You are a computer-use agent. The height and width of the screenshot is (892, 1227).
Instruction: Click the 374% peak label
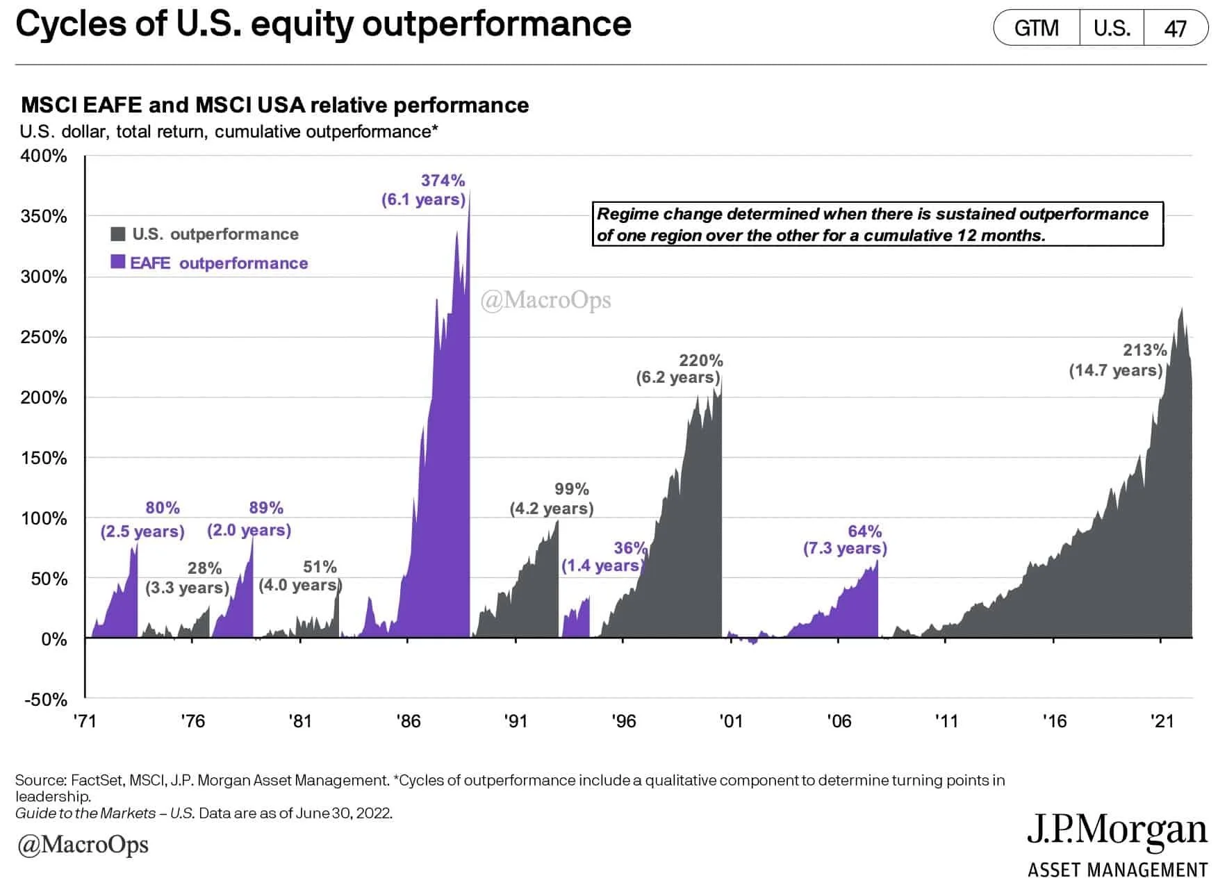coord(443,181)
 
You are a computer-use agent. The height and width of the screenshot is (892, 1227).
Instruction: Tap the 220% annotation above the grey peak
coord(700,361)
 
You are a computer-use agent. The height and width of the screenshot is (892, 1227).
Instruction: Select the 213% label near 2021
coord(1145,350)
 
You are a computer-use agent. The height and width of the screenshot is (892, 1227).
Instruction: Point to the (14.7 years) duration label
coord(1116,370)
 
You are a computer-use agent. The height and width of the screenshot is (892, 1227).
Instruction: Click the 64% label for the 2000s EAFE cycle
coord(864,531)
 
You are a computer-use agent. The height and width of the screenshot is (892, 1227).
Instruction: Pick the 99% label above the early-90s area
coord(571,489)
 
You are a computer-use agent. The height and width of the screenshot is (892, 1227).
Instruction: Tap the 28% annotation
coord(204,568)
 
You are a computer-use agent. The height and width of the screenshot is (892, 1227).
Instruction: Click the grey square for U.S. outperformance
coord(118,233)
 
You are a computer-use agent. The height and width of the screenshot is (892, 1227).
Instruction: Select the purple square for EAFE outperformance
coord(118,262)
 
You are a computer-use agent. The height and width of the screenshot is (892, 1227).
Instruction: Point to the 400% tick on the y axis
coord(44,156)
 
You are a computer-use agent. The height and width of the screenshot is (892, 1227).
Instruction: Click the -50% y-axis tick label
coord(46,700)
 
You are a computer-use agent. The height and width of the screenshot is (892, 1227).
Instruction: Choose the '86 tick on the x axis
coord(409,721)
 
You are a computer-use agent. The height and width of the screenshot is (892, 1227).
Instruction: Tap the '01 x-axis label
coord(731,721)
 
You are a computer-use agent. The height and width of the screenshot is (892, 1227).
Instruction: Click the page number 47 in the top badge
coord(1175,28)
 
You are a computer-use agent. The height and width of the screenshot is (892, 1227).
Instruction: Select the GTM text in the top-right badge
coord(1036,28)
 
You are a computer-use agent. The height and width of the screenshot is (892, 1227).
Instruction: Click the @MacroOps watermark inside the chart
coord(546,300)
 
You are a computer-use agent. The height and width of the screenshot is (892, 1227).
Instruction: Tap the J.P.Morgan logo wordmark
coord(1117,831)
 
